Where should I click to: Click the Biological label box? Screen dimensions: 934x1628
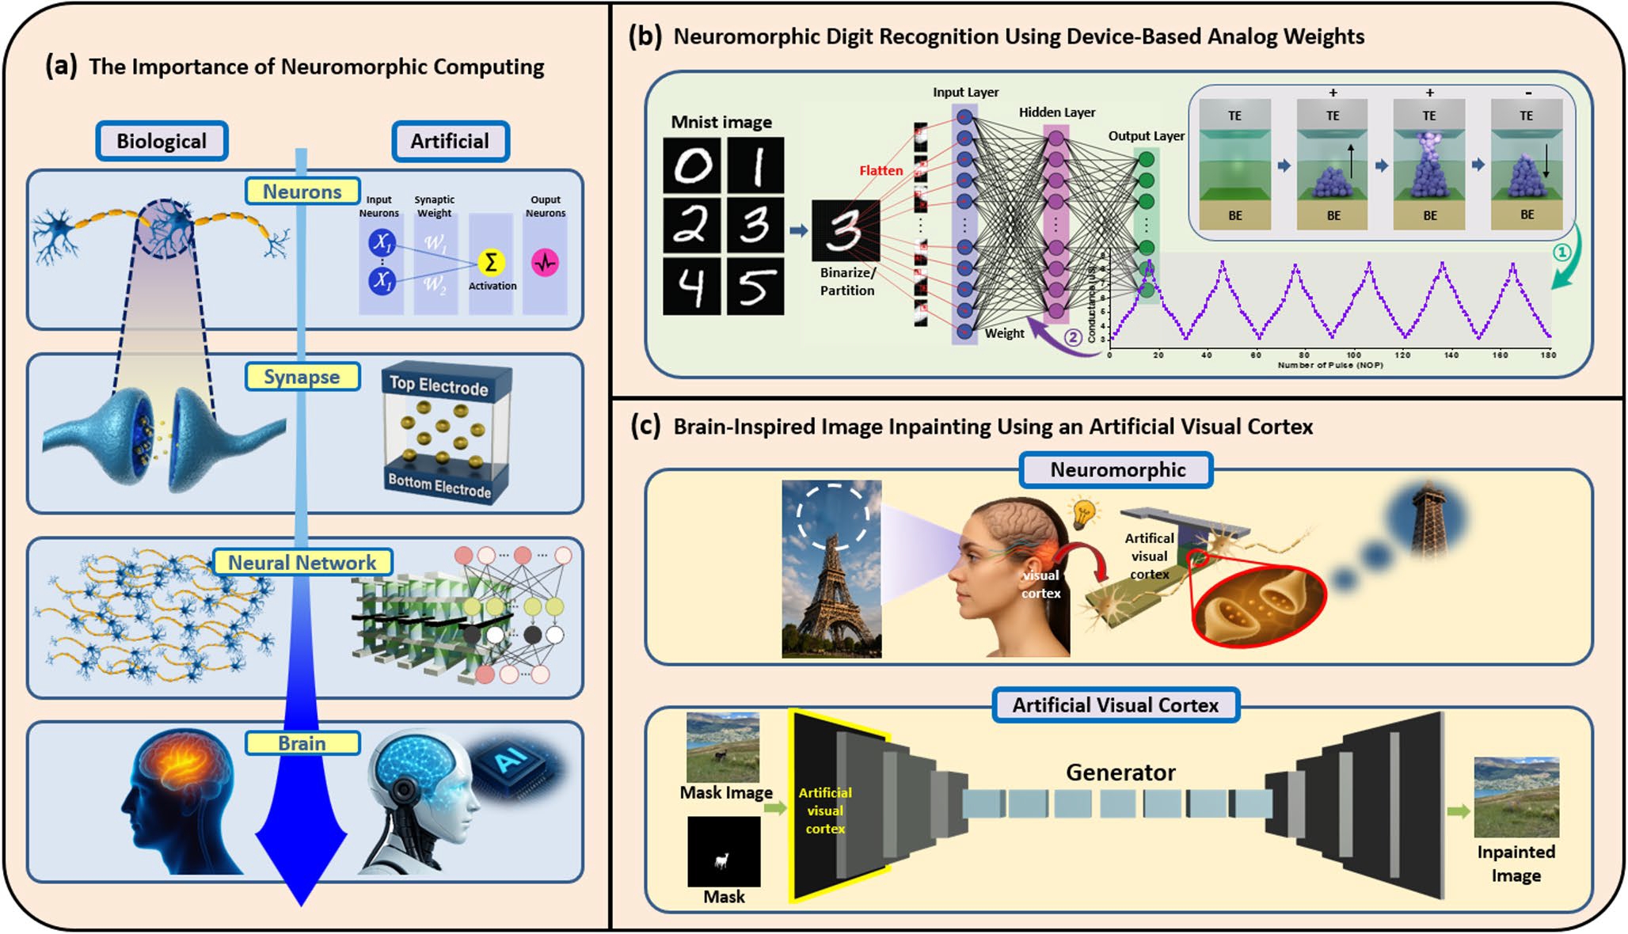(162, 141)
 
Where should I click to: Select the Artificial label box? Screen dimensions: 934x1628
(450, 141)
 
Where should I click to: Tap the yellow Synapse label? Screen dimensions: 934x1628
(302, 377)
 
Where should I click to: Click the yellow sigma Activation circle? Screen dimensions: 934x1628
(491, 262)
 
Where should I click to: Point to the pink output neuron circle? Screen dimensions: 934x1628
(545, 262)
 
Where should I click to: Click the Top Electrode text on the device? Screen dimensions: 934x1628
(439, 385)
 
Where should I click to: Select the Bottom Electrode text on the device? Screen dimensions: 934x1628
(439, 484)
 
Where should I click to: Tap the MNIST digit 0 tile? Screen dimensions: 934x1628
(692, 165)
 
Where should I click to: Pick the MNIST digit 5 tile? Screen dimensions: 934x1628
(755, 286)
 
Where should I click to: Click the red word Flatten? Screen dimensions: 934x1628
(881, 170)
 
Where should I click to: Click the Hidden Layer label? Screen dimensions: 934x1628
(1057, 112)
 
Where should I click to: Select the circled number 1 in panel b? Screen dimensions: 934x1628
(1561, 252)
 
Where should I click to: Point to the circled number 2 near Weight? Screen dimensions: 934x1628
(1072, 338)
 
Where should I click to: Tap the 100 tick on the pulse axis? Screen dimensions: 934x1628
(1354, 355)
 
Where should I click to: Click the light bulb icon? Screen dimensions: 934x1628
(1083, 512)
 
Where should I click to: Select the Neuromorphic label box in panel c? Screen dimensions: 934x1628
(1117, 469)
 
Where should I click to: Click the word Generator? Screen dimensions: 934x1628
(1120, 772)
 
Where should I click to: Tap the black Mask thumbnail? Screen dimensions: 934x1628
(724, 852)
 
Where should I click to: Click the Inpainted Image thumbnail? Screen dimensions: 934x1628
(1516, 797)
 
